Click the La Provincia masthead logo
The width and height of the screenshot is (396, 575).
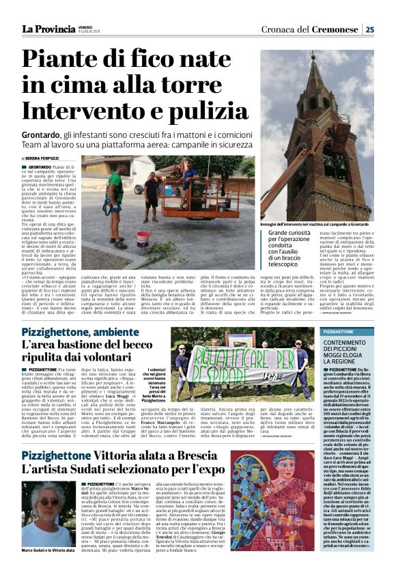48,29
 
